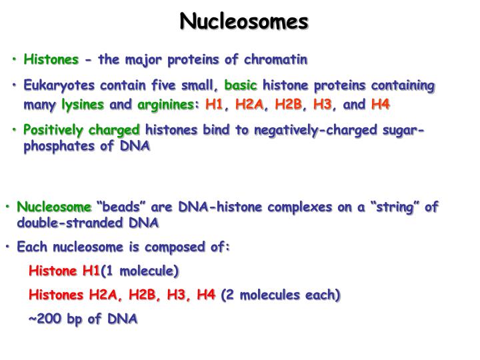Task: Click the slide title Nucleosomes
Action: point(244,21)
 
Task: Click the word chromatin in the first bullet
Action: point(275,60)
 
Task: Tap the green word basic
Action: point(242,86)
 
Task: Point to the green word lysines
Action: point(83,105)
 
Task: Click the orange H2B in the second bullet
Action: point(288,105)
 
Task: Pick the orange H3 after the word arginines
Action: point(322,105)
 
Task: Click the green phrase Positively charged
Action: point(82,129)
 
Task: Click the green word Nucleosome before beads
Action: point(53,207)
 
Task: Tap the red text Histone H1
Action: point(63,271)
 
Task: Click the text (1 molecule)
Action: point(139,271)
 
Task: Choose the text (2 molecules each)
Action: point(280,295)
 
